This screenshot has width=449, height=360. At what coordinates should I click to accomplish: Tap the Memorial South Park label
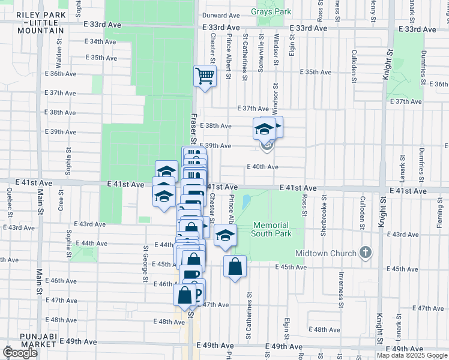[272, 229]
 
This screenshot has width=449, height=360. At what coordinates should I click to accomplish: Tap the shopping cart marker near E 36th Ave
[205, 77]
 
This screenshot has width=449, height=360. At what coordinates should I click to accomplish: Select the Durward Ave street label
[221, 16]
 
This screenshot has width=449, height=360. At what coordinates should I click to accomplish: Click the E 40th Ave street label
[262, 167]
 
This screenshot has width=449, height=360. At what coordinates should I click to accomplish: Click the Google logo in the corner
[20, 353]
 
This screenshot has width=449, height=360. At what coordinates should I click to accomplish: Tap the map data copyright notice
[412, 355]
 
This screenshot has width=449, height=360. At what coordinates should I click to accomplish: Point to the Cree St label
[61, 201]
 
